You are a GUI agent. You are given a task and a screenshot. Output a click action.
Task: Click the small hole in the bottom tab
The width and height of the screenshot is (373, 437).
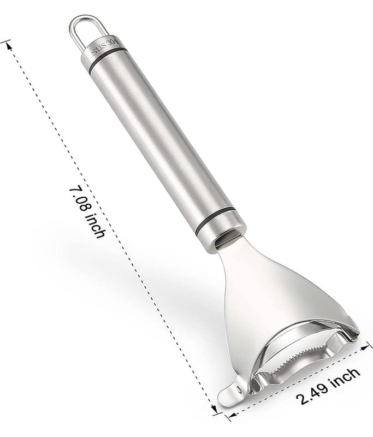237,387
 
